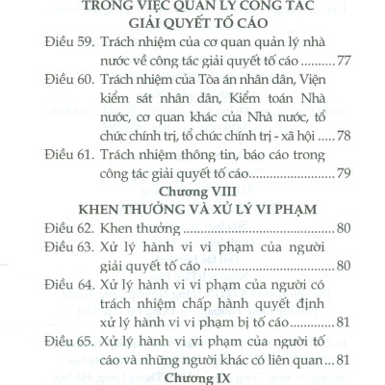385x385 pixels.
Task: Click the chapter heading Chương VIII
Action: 190,193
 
